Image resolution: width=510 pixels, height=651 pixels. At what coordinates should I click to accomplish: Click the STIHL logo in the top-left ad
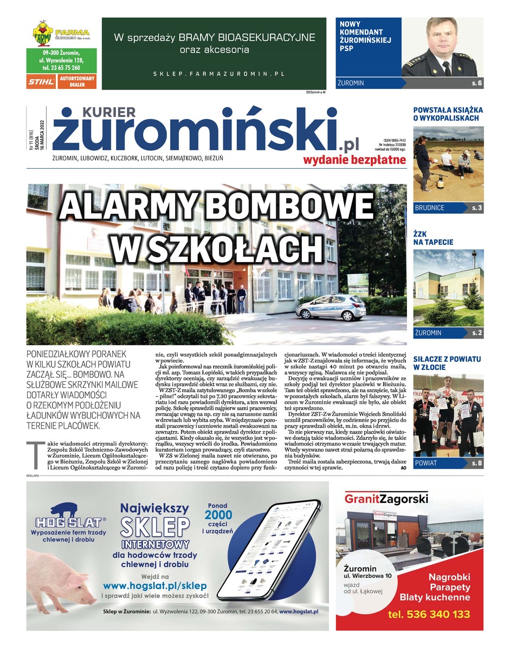click(x=41, y=82)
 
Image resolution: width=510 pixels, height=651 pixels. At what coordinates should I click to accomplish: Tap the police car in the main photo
click(x=331, y=308)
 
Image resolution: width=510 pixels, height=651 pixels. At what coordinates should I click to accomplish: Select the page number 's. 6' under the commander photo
click(x=476, y=84)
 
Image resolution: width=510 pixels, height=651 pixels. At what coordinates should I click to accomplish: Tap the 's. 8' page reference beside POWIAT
click(x=476, y=463)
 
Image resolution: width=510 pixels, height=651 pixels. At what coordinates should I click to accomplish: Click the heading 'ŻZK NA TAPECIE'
click(x=434, y=238)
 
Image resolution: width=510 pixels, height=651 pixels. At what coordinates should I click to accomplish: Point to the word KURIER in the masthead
click(x=109, y=112)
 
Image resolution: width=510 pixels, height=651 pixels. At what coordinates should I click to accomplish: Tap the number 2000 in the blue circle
click(x=218, y=515)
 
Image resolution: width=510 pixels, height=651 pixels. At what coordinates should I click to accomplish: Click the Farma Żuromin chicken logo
click(x=41, y=33)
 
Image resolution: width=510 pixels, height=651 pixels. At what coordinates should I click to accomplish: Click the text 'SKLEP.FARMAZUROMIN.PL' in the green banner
click(x=218, y=73)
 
